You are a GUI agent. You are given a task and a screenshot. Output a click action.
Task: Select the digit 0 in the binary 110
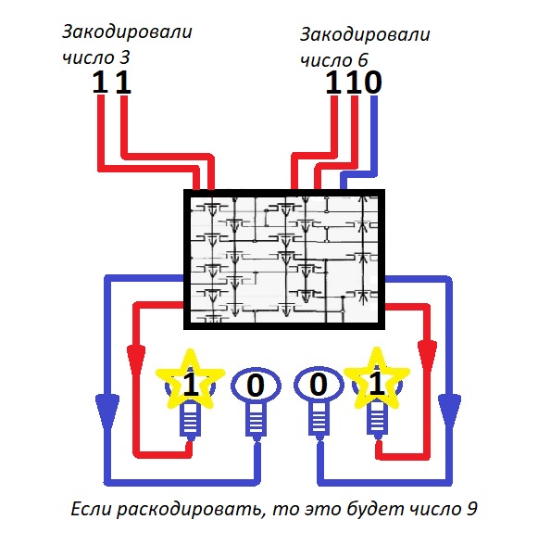pos(372,82)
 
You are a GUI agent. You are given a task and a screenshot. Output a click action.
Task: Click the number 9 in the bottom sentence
pos(471,509)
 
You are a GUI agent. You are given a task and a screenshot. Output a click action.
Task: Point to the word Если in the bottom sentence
pos(92,509)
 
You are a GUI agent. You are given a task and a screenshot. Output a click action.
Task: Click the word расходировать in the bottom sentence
pos(189,510)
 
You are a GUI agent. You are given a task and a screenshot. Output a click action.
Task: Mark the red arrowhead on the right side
pos(427,357)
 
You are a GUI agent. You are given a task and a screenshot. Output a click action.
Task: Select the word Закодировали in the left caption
pos(127,32)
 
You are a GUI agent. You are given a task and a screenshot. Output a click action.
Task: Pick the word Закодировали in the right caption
pos(365,35)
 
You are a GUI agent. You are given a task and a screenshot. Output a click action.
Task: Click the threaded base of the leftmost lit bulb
pos(190,421)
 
